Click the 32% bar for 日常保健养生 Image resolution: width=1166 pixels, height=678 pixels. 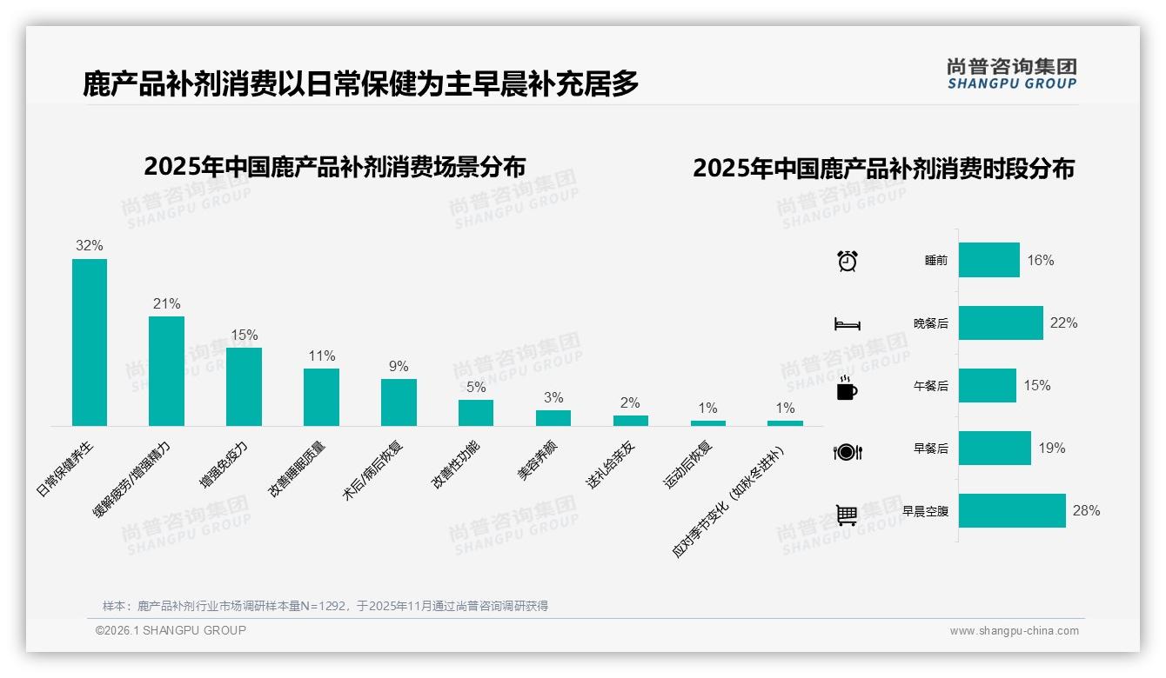(90, 342)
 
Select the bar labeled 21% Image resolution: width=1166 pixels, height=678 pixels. (166, 371)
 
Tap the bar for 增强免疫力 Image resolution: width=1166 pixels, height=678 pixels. (244, 387)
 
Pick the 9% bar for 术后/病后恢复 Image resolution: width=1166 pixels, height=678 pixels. (399, 402)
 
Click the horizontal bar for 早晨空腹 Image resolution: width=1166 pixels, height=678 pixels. (1012, 511)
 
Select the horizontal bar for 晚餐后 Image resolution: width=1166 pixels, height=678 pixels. (1001, 322)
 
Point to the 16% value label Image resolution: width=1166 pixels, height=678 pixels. (1041, 260)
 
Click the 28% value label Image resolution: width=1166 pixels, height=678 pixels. (1086, 511)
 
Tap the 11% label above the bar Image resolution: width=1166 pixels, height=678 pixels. (321, 356)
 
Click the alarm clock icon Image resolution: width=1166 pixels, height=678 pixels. (848, 260)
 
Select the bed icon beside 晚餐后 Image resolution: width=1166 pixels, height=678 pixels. (848, 323)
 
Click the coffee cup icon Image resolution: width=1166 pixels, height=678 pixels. (847, 387)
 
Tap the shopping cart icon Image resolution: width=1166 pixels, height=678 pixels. (847, 515)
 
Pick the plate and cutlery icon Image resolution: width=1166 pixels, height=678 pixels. (848, 451)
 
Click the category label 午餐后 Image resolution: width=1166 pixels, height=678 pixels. (931, 386)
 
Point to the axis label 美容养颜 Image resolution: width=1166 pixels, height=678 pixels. (538, 461)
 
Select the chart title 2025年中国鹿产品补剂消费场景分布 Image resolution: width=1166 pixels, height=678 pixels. (335, 167)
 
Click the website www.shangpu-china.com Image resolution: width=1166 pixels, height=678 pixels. (1014, 631)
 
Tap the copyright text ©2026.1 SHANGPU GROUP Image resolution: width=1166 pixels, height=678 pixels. (171, 630)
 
